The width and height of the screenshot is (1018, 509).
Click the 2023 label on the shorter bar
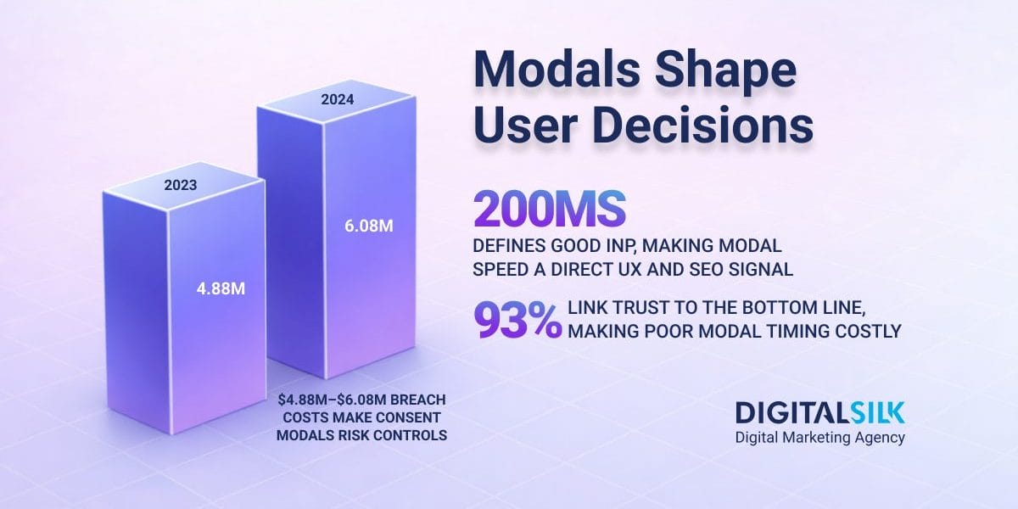point(182,183)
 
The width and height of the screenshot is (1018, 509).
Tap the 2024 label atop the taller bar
point(337,99)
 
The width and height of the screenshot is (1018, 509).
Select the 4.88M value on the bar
point(221,288)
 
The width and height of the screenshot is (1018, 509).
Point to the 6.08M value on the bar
point(367,227)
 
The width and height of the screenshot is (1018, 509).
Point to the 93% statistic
point(517,321)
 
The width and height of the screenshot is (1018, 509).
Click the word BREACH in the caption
point(417,400)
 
